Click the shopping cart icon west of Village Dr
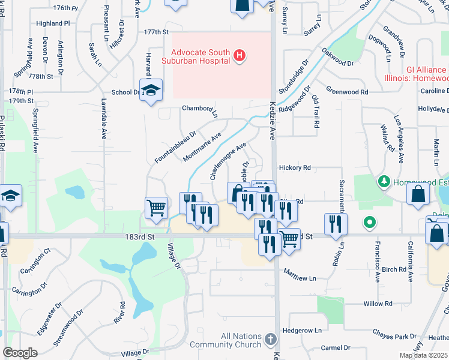pos(156,208)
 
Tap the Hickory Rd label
pos(295,168)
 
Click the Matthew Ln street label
pos(300,278)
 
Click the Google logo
pos(20,353)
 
